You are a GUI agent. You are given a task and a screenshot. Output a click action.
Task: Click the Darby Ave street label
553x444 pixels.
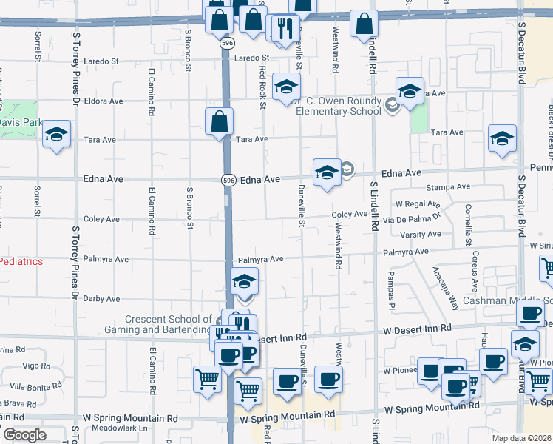102,299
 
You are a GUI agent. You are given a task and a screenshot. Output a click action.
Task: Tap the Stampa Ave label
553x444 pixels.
453,188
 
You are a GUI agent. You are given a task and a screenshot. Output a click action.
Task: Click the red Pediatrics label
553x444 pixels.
21,261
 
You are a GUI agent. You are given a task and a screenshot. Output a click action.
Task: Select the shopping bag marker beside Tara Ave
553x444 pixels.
220,122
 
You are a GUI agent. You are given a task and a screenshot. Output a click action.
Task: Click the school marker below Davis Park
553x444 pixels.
56,135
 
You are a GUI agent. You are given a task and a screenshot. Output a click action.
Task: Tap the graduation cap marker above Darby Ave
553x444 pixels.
244,282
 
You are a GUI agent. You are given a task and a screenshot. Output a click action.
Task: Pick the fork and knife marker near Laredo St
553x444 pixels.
284,29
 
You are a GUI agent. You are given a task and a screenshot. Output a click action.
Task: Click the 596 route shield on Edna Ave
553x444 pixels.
228,180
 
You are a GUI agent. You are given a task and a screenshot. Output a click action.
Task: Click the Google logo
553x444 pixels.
24,435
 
